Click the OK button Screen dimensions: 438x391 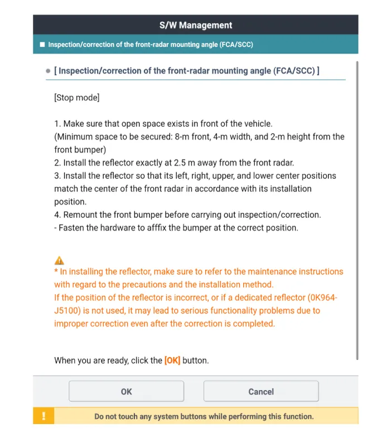(x=126, y=391)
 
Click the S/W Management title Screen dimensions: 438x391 (x=195, y=25)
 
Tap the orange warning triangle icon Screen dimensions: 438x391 (x=59, y=260)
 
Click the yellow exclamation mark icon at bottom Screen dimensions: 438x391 (x=44, y=416)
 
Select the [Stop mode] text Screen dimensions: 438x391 (x=76, y=98)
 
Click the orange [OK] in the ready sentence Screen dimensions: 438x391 (x=172, y=361)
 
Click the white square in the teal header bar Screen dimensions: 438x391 (x=42, y=45)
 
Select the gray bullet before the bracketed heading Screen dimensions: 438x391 (x=49, y=71)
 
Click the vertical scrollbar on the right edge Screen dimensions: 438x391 (x=356, y=212)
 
